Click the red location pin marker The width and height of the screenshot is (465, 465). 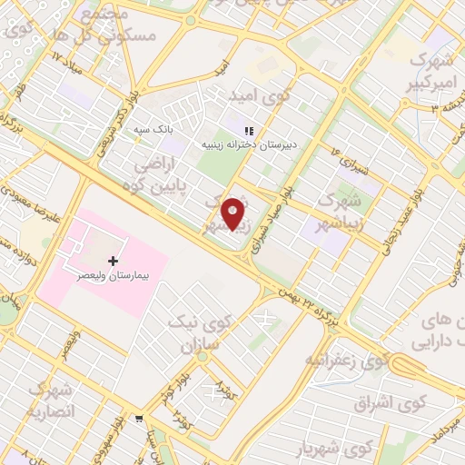[x=234, y=213]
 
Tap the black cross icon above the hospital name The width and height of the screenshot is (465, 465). [x=113, y=262]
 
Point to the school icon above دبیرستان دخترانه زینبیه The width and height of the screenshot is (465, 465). [x=250, y=132]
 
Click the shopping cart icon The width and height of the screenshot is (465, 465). [x=137, y=420]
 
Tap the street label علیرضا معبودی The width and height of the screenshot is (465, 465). [x=32, y=204]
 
